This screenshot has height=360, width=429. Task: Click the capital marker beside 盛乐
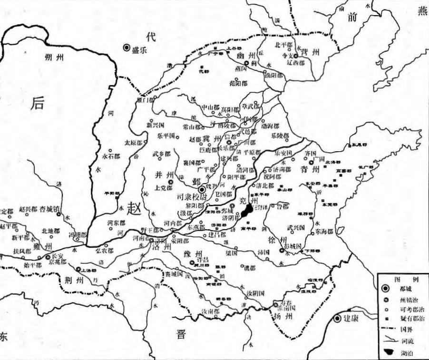coord(127,48)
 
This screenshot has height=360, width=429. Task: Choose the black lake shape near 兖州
coord(246,211)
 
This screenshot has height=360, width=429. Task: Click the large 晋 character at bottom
coord(181,333)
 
